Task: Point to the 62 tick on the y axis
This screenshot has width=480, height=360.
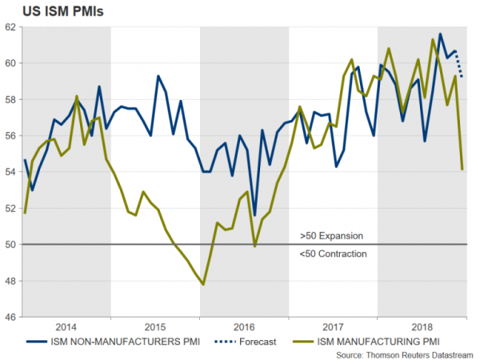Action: pos(10,26)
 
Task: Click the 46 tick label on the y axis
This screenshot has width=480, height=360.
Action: pos(10,317)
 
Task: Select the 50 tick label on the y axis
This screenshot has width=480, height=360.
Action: pos(10,244)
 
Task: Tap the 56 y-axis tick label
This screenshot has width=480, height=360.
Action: pos(10,135)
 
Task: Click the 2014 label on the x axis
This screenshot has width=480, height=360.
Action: pos(66,328)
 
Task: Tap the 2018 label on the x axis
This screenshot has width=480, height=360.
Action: pos(422,328)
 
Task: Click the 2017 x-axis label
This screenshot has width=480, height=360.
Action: pos(333,328)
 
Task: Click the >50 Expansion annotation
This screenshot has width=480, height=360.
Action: pos(331,236)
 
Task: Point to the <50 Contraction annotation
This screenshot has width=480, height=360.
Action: pos(333,254)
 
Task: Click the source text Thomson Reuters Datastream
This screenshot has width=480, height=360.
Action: pos(406,353)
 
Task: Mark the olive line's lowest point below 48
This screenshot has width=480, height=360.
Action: pos(203,284)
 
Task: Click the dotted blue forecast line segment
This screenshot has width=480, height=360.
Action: pos(460,64)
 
